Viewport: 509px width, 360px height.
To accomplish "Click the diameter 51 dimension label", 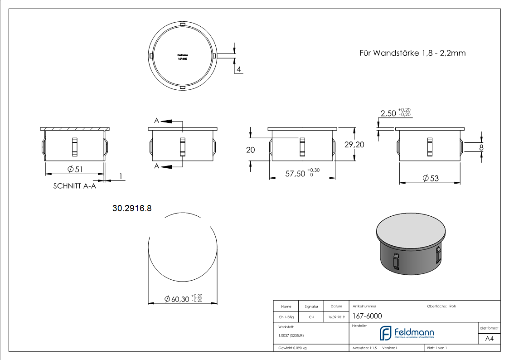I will coord(75,169).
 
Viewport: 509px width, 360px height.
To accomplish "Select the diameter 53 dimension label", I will coord(431,178).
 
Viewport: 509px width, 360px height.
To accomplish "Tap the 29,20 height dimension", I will coord(354,145).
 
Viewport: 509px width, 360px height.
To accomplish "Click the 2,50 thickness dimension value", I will coord(388,113).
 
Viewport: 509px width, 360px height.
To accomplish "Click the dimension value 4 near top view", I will coord(238,69).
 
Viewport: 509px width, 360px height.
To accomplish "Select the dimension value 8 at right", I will coord(481,147).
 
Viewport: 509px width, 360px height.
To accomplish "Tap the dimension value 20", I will coord(251,150).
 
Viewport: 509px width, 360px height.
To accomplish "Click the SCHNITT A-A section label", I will coord(75,186).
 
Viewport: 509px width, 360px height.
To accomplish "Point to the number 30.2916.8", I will coord(131,209).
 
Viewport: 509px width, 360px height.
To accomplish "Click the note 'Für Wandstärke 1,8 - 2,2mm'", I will coord(412,53).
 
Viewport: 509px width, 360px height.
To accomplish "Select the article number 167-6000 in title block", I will coord(367,316).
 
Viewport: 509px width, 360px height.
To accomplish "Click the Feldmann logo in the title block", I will coord(407,333).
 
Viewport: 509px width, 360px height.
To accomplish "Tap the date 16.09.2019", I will coord(336,317).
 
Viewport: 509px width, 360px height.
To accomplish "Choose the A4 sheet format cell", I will coord(490,338).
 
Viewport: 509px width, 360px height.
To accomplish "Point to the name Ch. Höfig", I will coord(286,317).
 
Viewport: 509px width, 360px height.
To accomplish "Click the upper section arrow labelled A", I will coord(165,121).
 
